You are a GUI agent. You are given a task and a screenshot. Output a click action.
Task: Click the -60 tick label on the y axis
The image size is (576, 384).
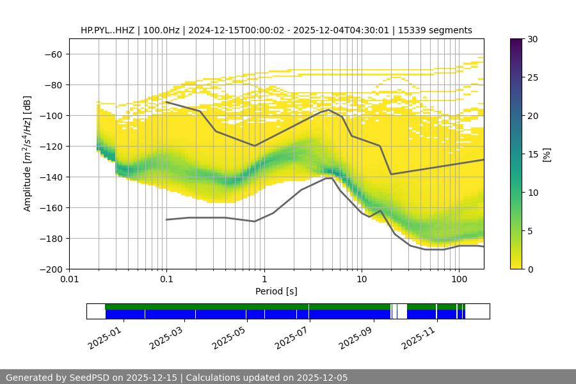(52, 54)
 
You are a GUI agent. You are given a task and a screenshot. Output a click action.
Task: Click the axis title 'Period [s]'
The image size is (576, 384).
(276, 291)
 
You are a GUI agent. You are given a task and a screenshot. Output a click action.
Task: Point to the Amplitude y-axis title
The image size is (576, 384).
(28, 154)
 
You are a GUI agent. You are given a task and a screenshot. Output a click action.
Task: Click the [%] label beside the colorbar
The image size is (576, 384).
(546, 154)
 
